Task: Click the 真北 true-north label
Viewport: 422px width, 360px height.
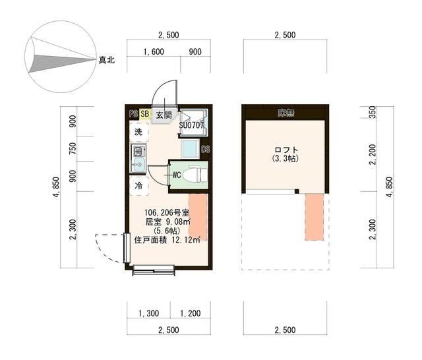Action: pyautogui.click(x=106, y=60)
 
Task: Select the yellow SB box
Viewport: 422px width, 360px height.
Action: pyautogui.click(x=145, y=113)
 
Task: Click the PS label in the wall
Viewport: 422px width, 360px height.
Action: pyautogui.click(x=133, y=113)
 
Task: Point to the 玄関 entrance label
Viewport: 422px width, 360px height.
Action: pyautogui.click(x=164, y=114)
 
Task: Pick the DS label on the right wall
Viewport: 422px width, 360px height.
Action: pyautogui.click(x=205, y=149)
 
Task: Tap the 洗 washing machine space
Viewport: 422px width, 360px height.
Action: pyautogui.click(x=138, y=132)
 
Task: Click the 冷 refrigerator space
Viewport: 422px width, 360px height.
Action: pyautogui.click(x=138, y=187)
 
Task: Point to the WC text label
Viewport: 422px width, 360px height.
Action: pyautogui.click(x=177, y=175)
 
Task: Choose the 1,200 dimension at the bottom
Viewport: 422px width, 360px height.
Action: pyautogui.click(x=190, y=314)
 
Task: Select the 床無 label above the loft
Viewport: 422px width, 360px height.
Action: pyautogui.click(x=286, y=113)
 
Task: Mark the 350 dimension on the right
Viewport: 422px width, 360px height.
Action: pyautogui.click(x=374, y=112)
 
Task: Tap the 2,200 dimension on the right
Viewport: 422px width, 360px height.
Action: pyautogui.click(x=374, y=156)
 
